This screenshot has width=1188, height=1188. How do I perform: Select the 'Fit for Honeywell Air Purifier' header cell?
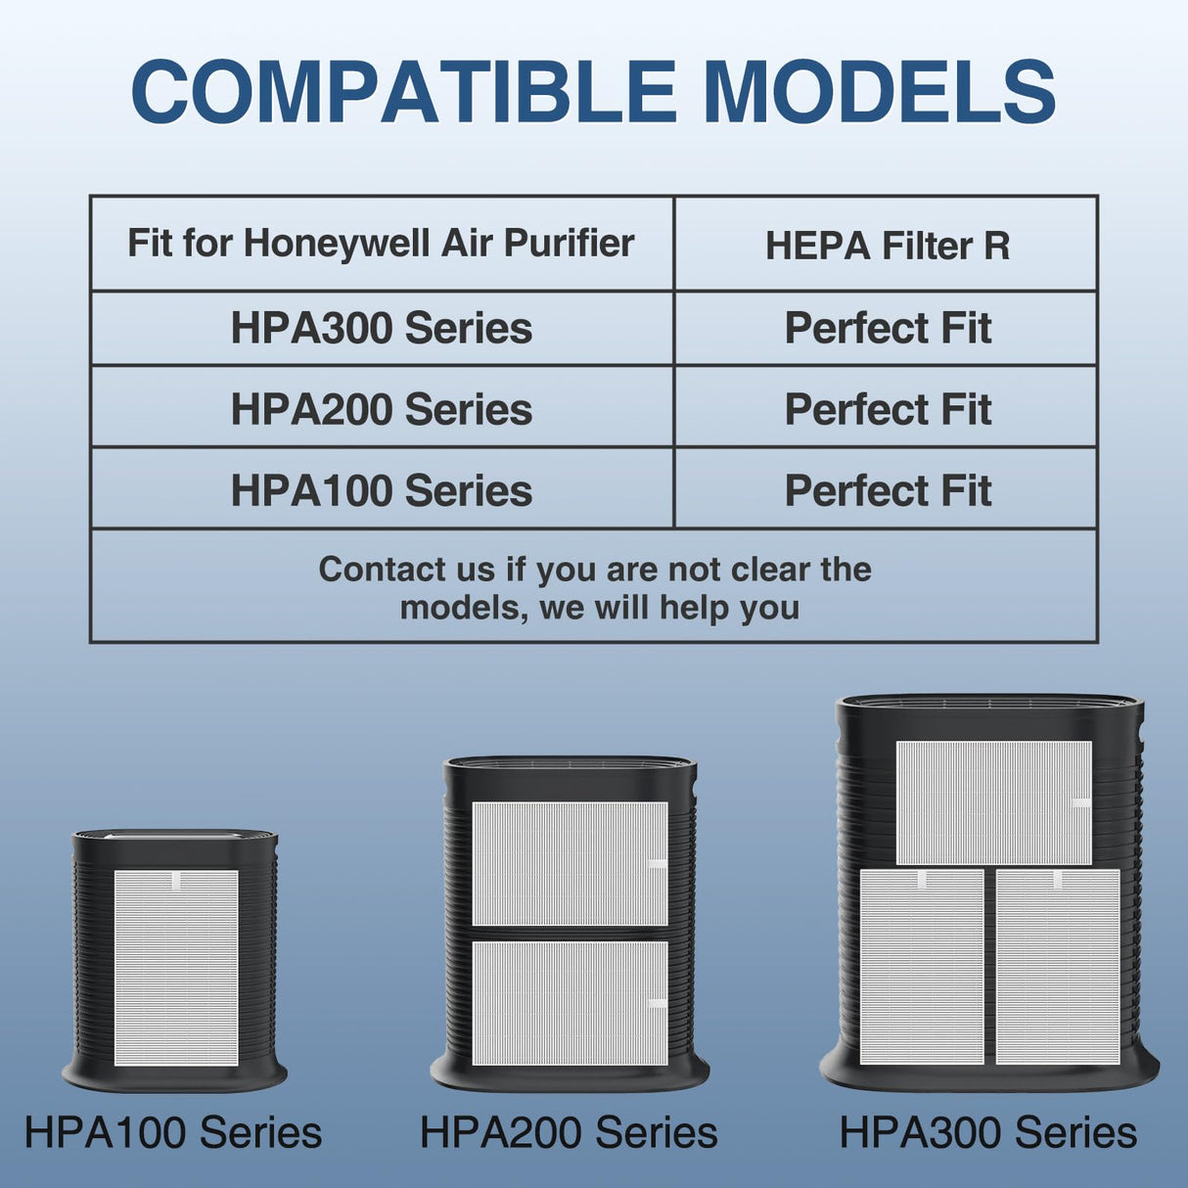[381, 243]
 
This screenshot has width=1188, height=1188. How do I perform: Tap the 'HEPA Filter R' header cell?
[887, 246]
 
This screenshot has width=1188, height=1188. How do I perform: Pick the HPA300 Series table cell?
[381, 328]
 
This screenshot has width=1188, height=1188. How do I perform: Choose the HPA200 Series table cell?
[381, 409]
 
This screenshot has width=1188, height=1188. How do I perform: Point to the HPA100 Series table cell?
[381, 490]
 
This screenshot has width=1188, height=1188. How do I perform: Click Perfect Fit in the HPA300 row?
[887, 328]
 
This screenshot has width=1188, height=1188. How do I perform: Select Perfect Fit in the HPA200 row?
[887, 409]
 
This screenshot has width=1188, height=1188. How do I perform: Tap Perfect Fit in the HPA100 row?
[887, 490]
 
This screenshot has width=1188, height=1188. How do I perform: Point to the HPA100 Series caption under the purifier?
[173, 1132]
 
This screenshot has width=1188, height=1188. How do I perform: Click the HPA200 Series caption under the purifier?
[569, 1132]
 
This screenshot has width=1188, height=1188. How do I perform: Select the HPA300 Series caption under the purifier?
[988, 1132]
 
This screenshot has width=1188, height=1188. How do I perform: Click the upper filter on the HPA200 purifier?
[570, 863]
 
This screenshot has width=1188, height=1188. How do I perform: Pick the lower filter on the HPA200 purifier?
[570, 1002]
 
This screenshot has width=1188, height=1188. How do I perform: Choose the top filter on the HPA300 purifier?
[993, 802]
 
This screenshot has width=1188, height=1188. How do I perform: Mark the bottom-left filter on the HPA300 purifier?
[922, 966]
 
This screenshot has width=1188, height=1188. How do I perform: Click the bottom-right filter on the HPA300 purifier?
[1058, 966]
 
